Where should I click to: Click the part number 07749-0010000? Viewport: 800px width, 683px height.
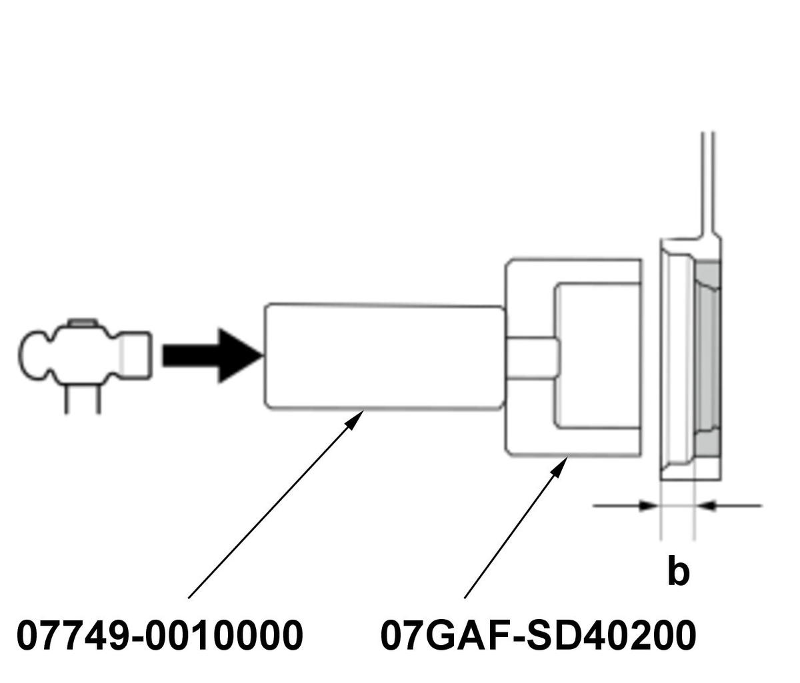pos(159,636)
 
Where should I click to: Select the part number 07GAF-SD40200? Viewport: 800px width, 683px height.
pos(538,636)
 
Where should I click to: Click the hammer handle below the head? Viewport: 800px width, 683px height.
pos(83,400)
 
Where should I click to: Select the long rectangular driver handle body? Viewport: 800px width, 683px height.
pos(383,356)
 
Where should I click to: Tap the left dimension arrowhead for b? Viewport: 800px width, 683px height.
pos(649,506)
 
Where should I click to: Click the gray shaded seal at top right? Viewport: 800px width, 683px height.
pos(708,280)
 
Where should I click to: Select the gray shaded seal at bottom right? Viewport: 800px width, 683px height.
pos(708,442)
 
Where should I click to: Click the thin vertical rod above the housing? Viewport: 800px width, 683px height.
pos(709,180)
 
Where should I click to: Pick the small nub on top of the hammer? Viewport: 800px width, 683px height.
pos(83,323)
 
